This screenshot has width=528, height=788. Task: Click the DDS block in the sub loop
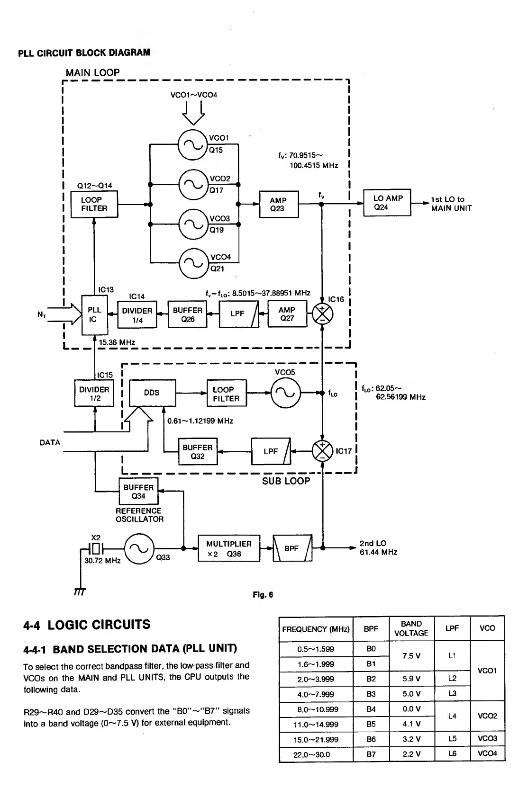click(x=152, y=393)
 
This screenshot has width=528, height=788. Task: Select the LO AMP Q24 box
click(x=387, y=203)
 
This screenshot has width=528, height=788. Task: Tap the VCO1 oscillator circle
click(x=192, y=143)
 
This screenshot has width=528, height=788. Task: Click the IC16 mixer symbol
click(x=322, y=313)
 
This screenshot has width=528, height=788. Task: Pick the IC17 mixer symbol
click(x=322, y=451)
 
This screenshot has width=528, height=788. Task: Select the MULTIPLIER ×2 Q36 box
click(x=229, y=548)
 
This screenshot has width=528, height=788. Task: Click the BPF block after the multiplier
click(x=292, y=548)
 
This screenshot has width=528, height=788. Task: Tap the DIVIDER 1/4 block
click(x=137, y=315)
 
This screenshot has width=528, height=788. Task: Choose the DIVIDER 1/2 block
click(x=94, y=394)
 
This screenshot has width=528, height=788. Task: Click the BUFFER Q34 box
click(x=138, y=492)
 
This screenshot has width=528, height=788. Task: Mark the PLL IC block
click(x=95, y=315)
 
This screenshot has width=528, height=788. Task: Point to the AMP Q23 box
click(x=279, y=204)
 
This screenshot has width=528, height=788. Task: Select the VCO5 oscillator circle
click(x=285, y=393)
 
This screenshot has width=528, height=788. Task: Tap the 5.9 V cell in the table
click(x=411, y=679)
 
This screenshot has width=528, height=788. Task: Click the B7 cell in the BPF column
click(x=371, y=754)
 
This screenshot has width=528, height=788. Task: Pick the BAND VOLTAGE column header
click(x=411, y=628)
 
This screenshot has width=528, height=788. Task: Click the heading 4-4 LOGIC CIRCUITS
click(x=87, y=625)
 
